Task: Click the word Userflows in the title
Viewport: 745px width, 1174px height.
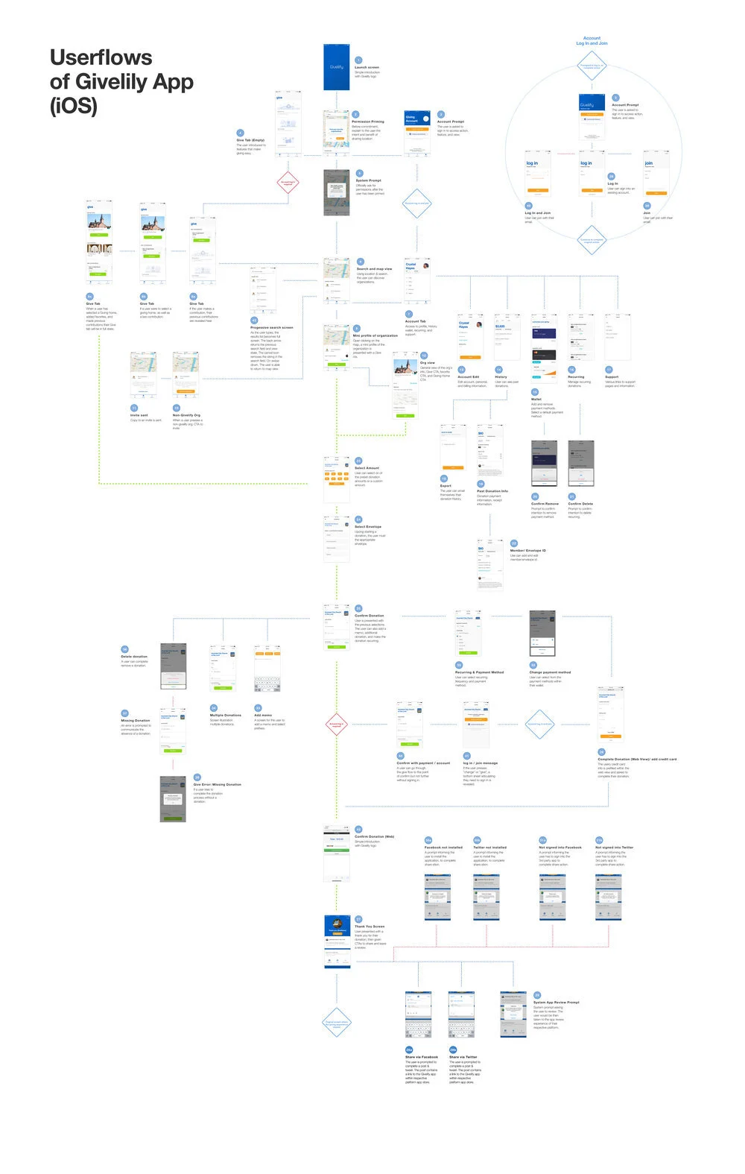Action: click(101, 58)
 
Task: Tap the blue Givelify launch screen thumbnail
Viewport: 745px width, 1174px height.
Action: click(336, 67)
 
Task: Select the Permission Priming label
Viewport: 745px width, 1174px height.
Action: click(368, 121)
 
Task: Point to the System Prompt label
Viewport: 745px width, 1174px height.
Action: click(368, 180)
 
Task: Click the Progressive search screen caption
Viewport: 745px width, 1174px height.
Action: click(271, 327)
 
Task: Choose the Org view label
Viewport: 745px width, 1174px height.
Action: click(428, 363)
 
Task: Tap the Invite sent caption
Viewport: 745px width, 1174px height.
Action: click(139, 415)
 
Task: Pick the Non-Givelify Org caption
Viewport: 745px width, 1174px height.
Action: click(186, 415)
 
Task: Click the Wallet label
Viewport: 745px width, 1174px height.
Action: click(536, 400)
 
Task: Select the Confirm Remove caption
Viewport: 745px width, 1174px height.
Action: click(545, 504)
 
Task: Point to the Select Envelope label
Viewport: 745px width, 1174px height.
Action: click(368, 527)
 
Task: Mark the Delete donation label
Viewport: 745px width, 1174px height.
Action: click(134, 657)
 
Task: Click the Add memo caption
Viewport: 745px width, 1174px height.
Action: click(263, 716)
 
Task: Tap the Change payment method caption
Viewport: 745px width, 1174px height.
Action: click(550, 672)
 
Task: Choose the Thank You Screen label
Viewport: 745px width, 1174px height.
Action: click(370, 927)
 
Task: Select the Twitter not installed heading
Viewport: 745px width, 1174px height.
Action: click(489, 848)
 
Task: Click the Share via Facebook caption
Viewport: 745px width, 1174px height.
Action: click(422, 1057)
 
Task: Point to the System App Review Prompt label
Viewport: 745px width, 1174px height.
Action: click(556, 1003)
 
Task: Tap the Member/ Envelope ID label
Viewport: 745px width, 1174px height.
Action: click(527, 551)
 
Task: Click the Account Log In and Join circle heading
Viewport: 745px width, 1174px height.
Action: click(592, 40)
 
